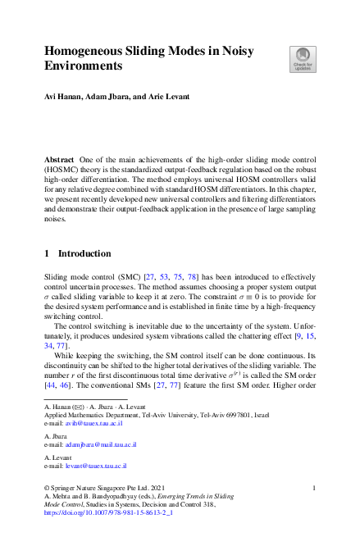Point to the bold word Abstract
tap(61, 157)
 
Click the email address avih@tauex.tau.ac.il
tap(94, 424)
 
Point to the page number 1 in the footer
tap(315, 487)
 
